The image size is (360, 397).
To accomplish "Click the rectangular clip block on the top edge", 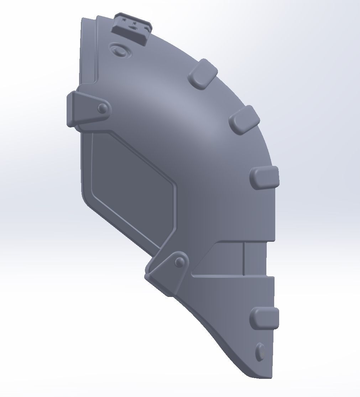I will pyautogui.click(x=131, y=30).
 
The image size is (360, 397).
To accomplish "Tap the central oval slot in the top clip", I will pyautogui.click(x=134, y=24).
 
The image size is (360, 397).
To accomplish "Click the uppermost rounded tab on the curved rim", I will pyautogui.click(x=203, y=74).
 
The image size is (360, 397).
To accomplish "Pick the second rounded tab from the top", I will pyautogui.click(x=244, y=120).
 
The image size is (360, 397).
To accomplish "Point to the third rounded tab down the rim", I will pyautogui.click(x=265, y=177).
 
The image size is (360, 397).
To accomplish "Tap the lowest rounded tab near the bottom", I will pyautogui.click(x=265, y=318).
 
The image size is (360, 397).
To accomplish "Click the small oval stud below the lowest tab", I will pyautogui.click(x=260, y=352).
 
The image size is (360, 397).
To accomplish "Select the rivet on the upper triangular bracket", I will pyautogui.click(x=102, y=108).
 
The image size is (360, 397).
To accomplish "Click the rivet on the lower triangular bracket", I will pyautogui.click(x=180, y=262).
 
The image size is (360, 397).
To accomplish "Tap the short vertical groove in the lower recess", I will pyautogui.click(x=244, y=259).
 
